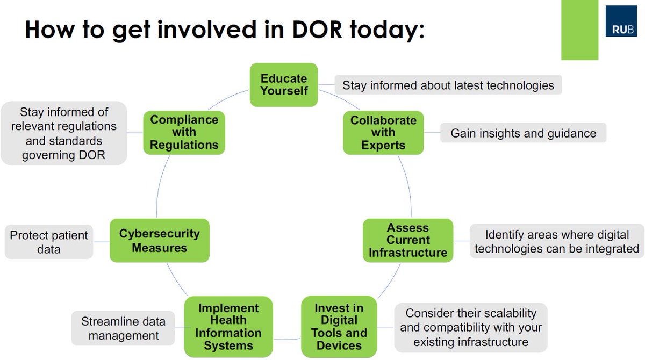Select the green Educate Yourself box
click(x=284, y=84)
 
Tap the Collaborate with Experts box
click(x=383, y=132)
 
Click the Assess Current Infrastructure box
click(x=408, y=240)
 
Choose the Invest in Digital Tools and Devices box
click(x=339, y=326)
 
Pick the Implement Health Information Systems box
click(x=228, y=326)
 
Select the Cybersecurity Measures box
click(x=159, y=240)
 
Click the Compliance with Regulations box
click(x=184, y=132)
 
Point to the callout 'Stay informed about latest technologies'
click(x=448, y=85)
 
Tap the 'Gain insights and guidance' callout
click(x=523, y=133)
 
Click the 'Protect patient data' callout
click(x=49, y=242)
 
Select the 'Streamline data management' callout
click(x=123, y=328)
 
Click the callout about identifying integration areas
click(x=556, y=242)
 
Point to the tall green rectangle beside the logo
click(x=579, y=30)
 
